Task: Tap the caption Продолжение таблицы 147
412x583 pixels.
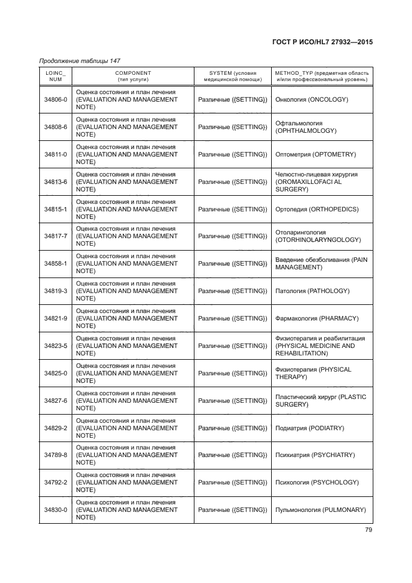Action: [x=79, y=60]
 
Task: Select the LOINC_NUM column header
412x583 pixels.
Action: [x=55, y=76]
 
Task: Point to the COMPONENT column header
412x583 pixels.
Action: [x=133, y=76]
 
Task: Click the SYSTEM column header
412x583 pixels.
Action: [x=232, y=76]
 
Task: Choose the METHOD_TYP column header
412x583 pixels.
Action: [x=322, y=76]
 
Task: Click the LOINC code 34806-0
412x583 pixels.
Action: [x=55, y=100]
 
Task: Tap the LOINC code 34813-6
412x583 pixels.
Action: [x=55, y=182]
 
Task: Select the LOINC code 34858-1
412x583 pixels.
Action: [x=55, y=264]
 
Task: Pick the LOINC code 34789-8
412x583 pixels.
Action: [x=55, y=455]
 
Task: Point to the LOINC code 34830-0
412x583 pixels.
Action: [x=55, y=510]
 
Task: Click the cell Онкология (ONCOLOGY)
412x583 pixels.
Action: [x=311, y=100]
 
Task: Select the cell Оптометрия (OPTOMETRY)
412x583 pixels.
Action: [x=315, y=154]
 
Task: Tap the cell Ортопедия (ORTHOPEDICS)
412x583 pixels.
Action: [x=317, y=210]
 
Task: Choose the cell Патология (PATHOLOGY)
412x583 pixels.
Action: [x=312, y=291]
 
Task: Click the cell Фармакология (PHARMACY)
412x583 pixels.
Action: [x=316, y=319]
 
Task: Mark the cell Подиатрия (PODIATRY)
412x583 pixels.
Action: [x=310, y=428]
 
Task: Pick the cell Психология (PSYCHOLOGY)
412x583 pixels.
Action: [x=316, y=483]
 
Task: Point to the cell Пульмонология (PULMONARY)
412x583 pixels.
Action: [x=320, y=510]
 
